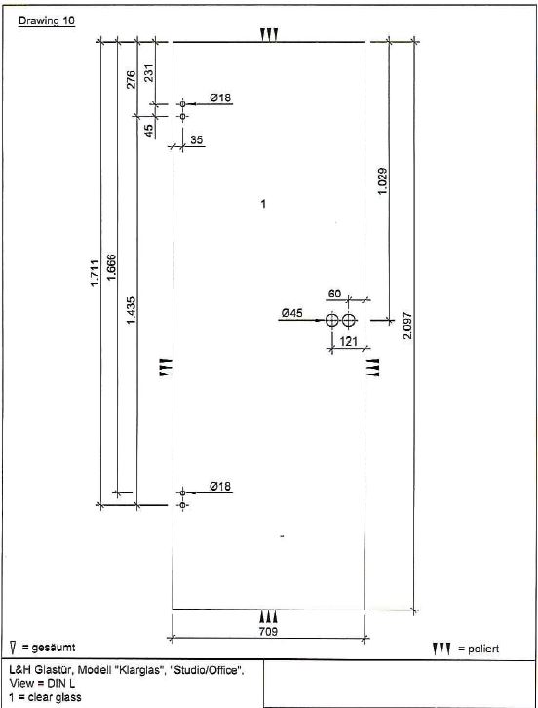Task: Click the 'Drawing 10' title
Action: tap(47, 20)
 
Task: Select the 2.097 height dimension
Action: tap(407, 326)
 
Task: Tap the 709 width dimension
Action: tap(268, 631)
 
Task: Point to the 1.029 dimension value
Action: tap(383, 181)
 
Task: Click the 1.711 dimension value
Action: tap(95, 273)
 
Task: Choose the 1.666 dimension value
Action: tap(111, 267)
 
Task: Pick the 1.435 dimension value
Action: tap(131, 310)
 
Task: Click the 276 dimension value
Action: tap(131, 79)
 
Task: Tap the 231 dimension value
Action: tap(148, 73)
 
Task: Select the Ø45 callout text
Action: tap(292, 313)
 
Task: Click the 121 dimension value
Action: tap(349, 341)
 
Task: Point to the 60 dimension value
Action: tap(334, 294)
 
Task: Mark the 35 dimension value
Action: tap(196, 140)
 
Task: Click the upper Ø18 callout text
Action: tap(220, 98)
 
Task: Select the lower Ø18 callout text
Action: tap(220, 486)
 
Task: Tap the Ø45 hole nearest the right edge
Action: tap(349, 320)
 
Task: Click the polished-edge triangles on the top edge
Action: tap(269, 35)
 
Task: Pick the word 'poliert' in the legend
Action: tap(483, 649)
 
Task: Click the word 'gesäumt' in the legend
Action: tap(54, 648)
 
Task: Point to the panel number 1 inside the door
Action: tap(263, 204)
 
